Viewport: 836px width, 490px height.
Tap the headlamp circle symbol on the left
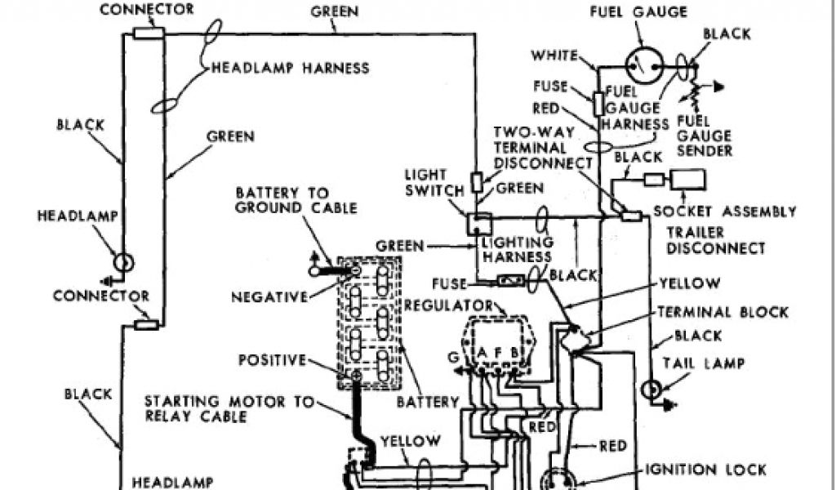click(x=122, y=263)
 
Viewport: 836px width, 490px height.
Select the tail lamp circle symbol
click(x=651, y=390)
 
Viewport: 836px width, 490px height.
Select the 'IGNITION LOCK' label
click(x=705, y=470)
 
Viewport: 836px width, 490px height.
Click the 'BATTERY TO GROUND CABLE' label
click(x=296, y=200)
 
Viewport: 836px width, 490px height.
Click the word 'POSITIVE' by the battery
click(x=272, y=359)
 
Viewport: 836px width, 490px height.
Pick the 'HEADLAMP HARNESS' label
click(x=291, y=69)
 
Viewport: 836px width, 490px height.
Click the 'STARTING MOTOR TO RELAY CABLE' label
click(x=216, y=408)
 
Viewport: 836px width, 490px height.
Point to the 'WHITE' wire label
click(x=555, y=56)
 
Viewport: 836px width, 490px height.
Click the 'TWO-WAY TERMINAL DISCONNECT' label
click(x=541, y=147)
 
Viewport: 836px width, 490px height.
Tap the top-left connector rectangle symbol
click(x=149, y=33)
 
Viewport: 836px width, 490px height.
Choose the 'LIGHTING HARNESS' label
click(x=517, y=250)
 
